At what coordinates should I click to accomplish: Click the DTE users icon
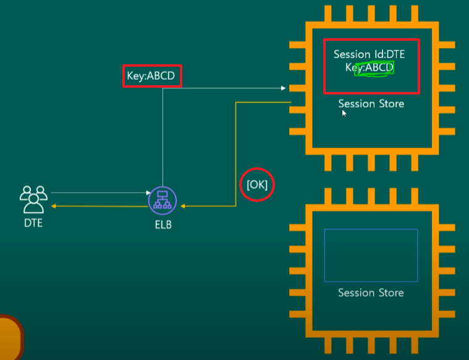tap(33, 199)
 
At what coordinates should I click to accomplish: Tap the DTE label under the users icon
tap(33, 223)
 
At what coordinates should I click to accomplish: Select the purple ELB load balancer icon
tap(163, 200)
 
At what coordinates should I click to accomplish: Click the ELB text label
tap(163, 225)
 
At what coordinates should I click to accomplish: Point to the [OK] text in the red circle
tap(257, 185)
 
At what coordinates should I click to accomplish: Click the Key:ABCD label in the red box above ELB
tap(151, 76)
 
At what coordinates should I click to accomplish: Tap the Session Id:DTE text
tap(369, 54)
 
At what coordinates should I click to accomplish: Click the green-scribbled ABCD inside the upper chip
tap(378, 67)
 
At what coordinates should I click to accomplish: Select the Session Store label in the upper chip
tap(371, 104)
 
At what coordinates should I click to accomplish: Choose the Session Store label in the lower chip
tap(371, 293)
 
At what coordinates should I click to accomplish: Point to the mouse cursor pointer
tap(344, 113)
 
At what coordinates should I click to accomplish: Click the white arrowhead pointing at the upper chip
tap(283, 88)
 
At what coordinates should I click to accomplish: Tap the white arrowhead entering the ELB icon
tap(148, 193)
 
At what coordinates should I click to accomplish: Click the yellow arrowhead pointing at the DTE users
tap(54, 206)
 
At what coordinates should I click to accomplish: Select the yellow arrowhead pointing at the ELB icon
tap(183, 206)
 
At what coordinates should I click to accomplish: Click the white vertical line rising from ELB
tap(163, 137)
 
